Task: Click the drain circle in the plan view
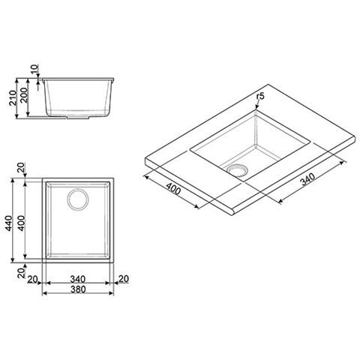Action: tap(78, 200)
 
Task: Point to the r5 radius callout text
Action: tap(260, 96)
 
